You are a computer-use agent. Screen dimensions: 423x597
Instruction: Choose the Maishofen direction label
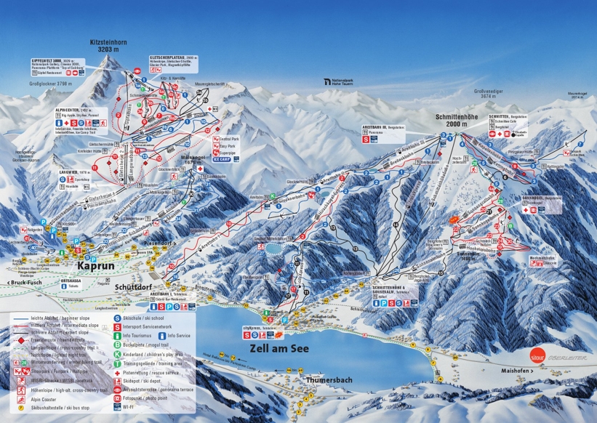click(518, 371)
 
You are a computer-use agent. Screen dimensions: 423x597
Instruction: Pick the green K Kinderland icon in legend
click(116, 354)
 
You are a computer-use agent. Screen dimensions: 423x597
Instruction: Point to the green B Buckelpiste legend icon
click(116, 345)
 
